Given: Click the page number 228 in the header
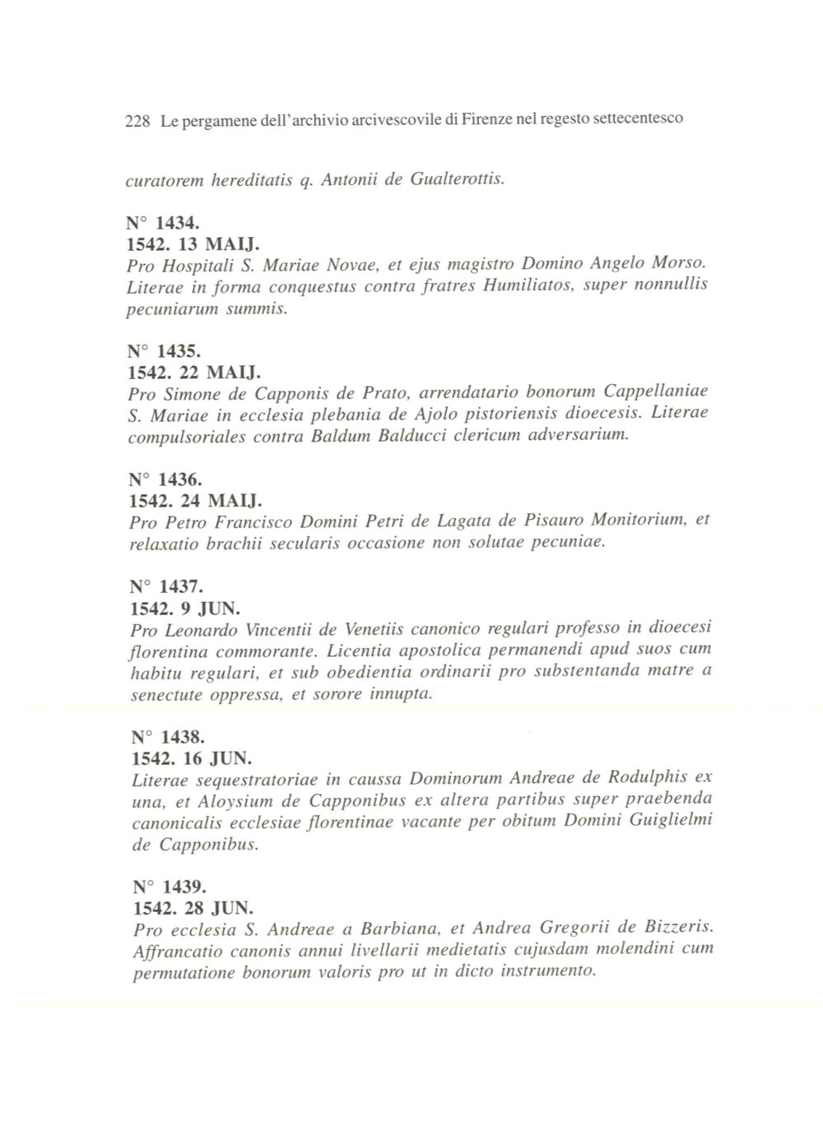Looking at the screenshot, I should (137, 121).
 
